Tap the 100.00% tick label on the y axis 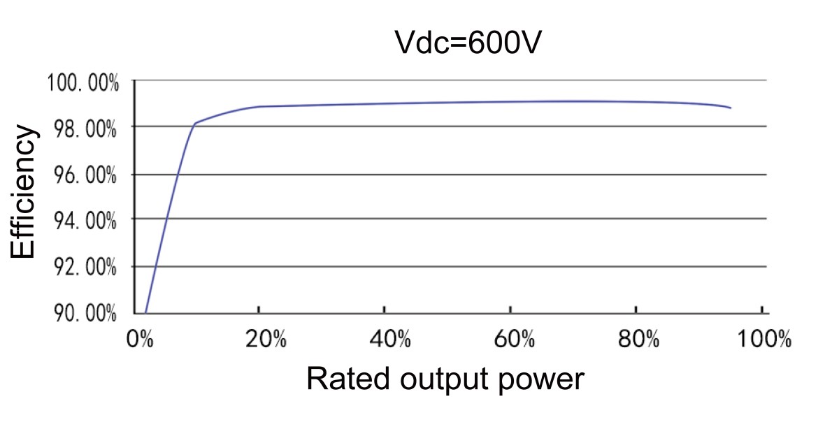pyautogui.click(x=83, y=84)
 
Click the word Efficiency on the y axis pyautogui.click(x=22, y=192)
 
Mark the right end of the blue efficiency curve pyautogui.click(x=731, y=108)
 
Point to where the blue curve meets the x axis pyautogui.click(x=145, y=312)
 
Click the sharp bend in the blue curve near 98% pyautogui.click(x=194, y=123)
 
